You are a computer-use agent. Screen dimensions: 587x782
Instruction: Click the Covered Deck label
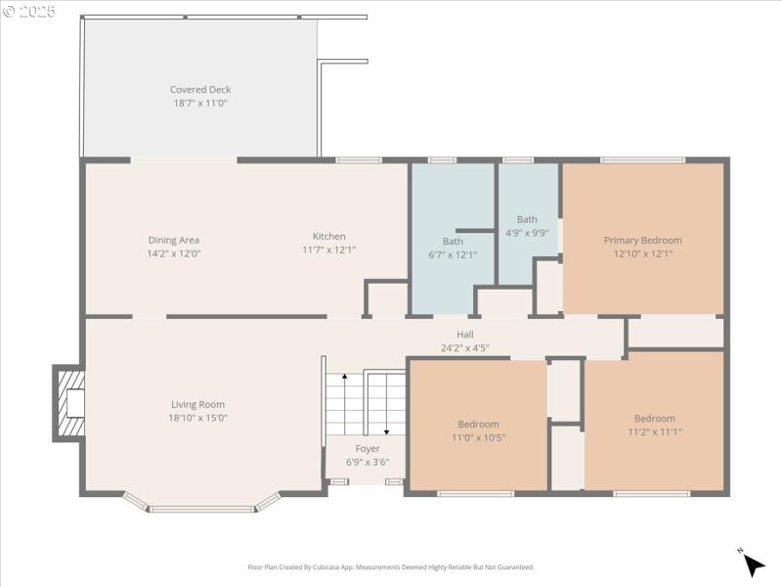[200, 90]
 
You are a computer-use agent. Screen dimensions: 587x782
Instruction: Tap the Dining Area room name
[174, 240]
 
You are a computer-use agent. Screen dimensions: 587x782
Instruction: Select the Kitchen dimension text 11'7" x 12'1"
[328, 249]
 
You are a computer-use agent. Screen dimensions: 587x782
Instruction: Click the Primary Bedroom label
[642, 241]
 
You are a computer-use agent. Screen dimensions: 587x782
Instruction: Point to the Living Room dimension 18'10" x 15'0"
[198, 418]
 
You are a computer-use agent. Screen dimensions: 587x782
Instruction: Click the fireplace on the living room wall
[68, 403]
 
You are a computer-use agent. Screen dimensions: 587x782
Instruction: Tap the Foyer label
[368, 449]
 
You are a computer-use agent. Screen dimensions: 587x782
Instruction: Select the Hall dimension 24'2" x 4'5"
[464, 347]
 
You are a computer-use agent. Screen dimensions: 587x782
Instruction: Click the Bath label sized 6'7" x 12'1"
[453, 242]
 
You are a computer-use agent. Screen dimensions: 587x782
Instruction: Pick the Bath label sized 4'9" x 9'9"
[527, 220]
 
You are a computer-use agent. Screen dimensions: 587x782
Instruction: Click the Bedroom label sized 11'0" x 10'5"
[478, 425]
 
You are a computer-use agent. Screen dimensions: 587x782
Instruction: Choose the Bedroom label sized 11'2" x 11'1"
[654, 419]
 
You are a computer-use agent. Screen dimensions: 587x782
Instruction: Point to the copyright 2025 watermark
[29, 12]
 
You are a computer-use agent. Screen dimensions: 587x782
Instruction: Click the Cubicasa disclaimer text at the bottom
[391, 566]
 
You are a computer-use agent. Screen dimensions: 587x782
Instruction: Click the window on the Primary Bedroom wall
[642, 159]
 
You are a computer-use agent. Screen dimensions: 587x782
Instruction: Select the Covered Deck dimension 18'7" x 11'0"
[200, 103]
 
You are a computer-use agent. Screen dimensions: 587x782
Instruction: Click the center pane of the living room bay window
[202, 509]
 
